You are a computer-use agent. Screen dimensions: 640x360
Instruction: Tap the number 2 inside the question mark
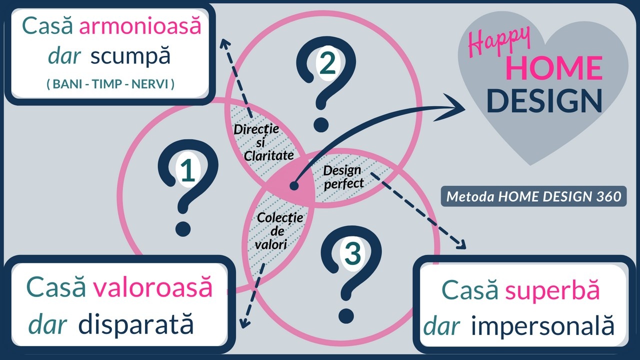(328, 63)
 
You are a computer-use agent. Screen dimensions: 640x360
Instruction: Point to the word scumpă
(130, 56)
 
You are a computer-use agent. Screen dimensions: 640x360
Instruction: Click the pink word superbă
(552, 290)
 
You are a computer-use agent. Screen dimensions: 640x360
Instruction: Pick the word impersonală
(542, 326)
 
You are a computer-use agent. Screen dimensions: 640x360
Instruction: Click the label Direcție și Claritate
(263, 142)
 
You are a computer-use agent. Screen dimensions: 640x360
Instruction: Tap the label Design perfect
(343, 177)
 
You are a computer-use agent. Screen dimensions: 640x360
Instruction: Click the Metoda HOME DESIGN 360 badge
(533, 196)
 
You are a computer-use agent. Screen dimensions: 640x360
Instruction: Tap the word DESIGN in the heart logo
(543, 100)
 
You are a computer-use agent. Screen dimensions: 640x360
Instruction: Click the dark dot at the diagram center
(294, 186)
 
